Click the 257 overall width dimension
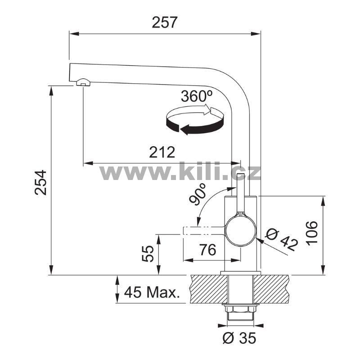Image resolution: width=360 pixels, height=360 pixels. (164, 22)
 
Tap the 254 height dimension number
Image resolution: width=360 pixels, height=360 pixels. (40, 183)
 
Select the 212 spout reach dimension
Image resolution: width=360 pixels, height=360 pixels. (162, 152)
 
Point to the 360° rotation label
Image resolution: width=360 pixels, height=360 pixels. (196, 96)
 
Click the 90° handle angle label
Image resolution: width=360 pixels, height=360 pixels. (198, 194)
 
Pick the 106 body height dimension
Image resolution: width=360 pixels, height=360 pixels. (312, 233)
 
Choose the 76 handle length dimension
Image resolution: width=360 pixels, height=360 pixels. (207, 250)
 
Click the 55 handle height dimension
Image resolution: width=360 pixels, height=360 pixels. (148, 253)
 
